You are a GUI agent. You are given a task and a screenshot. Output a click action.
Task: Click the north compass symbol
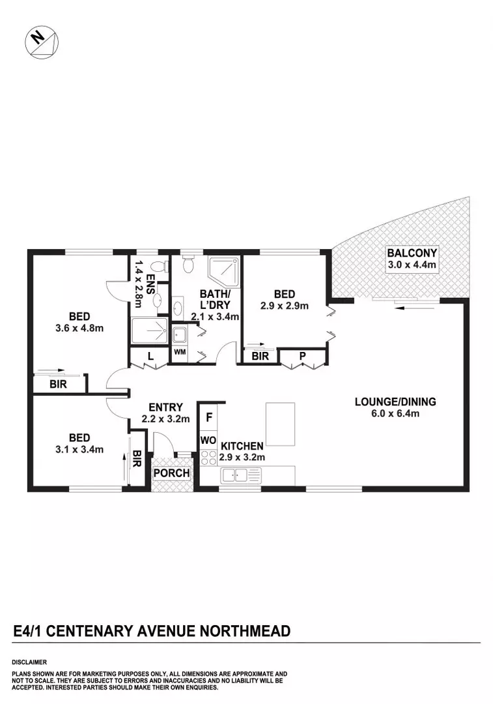click(41, 41)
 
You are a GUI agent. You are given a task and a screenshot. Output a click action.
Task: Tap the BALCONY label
click(412, 253)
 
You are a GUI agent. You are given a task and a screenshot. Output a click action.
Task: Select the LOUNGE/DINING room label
click(395, 402)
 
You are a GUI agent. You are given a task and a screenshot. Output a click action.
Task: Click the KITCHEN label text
click(242, 447)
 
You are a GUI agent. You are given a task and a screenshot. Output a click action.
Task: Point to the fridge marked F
click(209, 417)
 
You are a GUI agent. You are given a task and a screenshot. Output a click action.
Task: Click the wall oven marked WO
click(208, 441)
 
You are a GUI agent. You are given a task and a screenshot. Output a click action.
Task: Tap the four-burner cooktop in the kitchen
click(208, 457)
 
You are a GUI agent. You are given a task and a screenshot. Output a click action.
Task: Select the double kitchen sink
click(235, 475)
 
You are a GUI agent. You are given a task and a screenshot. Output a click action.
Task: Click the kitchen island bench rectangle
click(281, 424)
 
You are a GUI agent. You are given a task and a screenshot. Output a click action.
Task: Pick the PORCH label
click(171, 473)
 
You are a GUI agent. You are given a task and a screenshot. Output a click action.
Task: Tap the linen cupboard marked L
click(150, 357)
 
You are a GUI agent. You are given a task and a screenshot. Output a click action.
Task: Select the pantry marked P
click(303, 357)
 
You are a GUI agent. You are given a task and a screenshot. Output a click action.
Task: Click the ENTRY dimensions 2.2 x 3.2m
click(165, 419)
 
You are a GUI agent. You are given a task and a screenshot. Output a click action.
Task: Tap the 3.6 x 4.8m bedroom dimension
click(79, 328)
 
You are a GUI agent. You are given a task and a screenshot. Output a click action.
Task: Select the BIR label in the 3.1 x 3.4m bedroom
click(137, 459)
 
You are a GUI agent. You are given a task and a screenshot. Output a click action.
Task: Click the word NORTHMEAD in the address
click(244, 631)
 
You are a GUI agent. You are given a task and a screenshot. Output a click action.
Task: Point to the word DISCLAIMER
click(29, 662)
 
